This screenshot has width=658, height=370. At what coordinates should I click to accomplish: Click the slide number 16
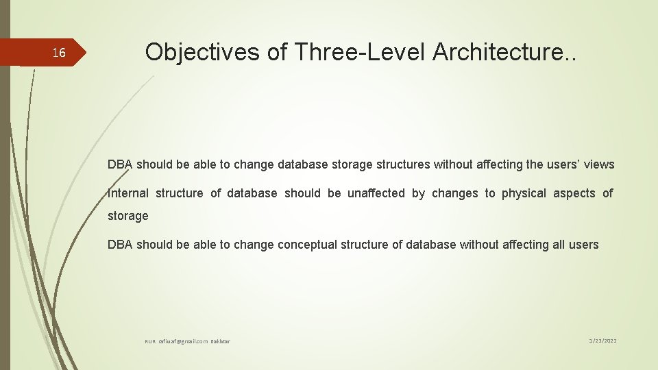click(x=60, y=53)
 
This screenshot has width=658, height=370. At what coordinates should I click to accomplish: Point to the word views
click(x=600, y=164)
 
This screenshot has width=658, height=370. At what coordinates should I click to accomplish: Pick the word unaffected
click(x=376, y=193)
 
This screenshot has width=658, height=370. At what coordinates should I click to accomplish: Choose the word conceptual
click(x=310, y=245)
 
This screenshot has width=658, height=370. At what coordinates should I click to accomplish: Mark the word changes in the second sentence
click(x=455, y=193)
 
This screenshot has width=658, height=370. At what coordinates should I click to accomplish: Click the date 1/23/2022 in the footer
click(x=603, y=341)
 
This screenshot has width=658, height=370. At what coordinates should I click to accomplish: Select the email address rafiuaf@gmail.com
click(x=183, y=341)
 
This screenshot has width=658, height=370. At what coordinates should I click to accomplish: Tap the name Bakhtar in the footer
click(x=221, y=341)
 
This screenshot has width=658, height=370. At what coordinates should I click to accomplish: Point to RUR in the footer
click(x=150, y=341)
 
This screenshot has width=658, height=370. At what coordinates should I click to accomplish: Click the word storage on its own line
click(x=128, y=216)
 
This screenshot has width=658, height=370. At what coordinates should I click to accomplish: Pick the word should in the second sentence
click(x=302, y=193)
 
